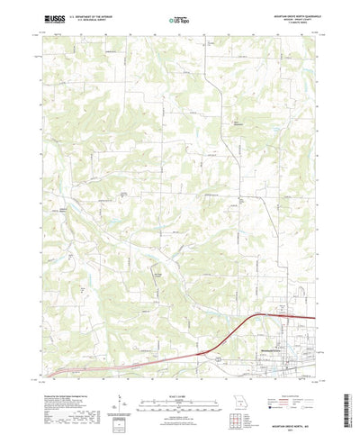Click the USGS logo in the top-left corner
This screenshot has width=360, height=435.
point(42,18)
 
